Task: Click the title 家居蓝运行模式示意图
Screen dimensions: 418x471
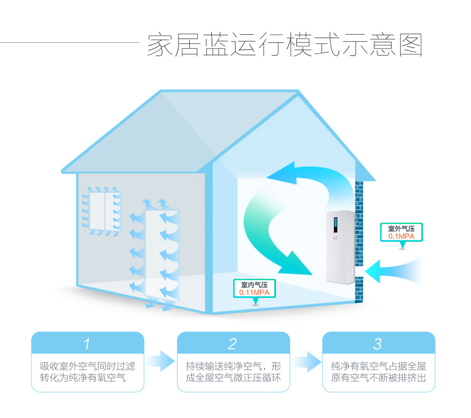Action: click(285, 46)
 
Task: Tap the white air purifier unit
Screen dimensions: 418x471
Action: click(340, 248)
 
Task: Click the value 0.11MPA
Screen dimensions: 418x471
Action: click(254, 292)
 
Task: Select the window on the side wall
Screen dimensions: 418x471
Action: click(105, 211)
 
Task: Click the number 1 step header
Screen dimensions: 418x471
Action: click(87, 343)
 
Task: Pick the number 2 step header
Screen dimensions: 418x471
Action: click(233, 343)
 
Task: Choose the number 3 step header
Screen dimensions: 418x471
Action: click(378, 343)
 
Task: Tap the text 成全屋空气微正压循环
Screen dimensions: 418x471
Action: click(233, 378)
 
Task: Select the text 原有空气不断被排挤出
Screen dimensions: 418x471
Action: click(379, 378)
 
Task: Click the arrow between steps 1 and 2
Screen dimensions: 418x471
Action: click(160, 361)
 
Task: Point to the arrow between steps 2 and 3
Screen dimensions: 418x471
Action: click(306, 361)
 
